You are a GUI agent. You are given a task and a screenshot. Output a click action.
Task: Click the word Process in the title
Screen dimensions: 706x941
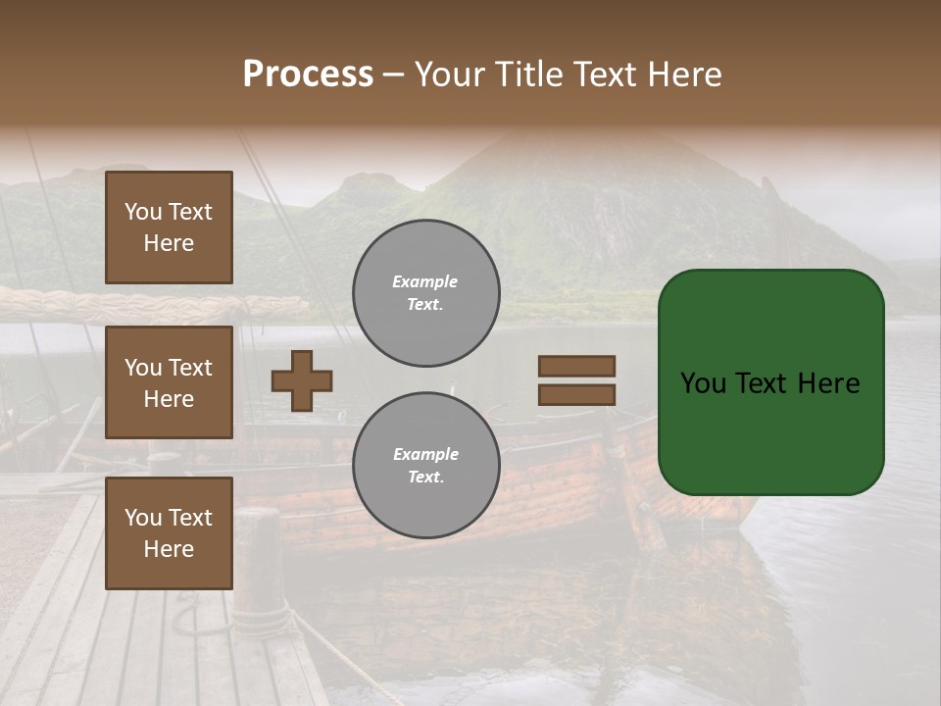(308, 75)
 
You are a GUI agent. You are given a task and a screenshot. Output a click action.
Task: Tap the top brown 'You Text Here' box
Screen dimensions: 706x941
(169, 227)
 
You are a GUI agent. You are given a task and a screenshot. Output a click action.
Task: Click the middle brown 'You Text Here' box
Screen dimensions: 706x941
(169, 382)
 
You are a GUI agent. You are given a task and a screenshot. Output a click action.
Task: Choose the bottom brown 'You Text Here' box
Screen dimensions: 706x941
(169, 533)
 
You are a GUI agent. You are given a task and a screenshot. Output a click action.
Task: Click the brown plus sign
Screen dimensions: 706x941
(302, 380)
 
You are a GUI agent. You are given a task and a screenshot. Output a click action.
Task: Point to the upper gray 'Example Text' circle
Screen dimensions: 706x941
(426, 293)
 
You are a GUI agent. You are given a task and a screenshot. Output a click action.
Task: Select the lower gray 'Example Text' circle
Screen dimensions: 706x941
(426, 466)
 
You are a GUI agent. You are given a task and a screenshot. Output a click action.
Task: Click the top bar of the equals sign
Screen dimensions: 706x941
(576, 367)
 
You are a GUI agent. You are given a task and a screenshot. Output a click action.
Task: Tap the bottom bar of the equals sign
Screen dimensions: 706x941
(576, 394)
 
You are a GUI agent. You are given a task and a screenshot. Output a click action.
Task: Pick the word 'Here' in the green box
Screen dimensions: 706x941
(828, 383)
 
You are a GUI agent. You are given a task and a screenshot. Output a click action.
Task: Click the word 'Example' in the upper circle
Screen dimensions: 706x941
(425, 281)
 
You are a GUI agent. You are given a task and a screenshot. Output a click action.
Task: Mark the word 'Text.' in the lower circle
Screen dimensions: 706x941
(425, 477)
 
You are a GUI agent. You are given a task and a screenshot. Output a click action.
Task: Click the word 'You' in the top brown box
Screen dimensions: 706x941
(141, 212)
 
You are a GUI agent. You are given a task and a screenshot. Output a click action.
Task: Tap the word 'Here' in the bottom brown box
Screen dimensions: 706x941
(169, 549)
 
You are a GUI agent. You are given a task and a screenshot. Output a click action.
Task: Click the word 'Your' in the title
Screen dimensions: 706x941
(448, 75)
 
